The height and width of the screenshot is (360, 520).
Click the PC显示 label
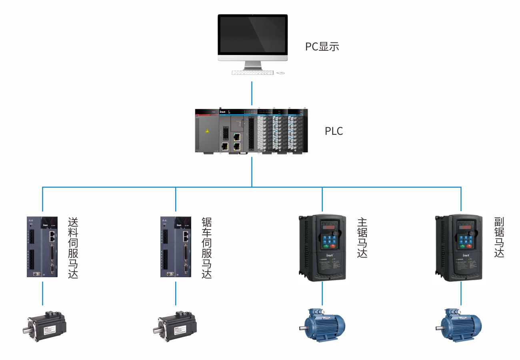[322, 47]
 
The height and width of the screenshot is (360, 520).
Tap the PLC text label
[334, 131]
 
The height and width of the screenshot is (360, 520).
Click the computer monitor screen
[252, 36]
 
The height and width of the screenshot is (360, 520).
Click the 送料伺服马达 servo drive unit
[42, 247]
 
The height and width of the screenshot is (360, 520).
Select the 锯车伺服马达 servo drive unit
[175, 247]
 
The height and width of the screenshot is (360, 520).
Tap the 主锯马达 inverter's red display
[329, 228]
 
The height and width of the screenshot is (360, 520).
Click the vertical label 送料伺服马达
[73, 248]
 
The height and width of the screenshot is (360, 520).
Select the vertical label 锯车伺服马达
[206, 248]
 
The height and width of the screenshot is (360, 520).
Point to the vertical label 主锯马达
[362, 238]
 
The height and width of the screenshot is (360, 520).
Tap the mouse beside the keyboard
[281, 73]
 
